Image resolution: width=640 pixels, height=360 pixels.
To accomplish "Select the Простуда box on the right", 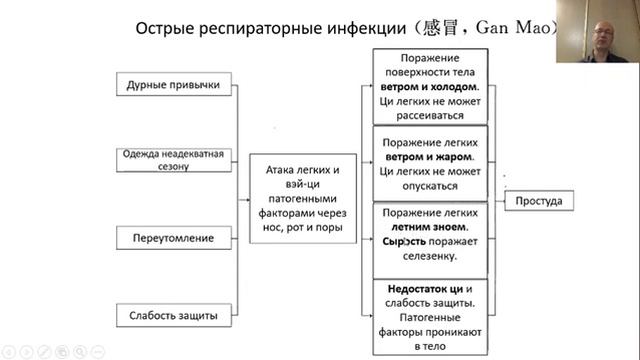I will [x=538, y=202].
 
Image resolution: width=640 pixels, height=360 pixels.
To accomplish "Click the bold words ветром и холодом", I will [x=430, y=87].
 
